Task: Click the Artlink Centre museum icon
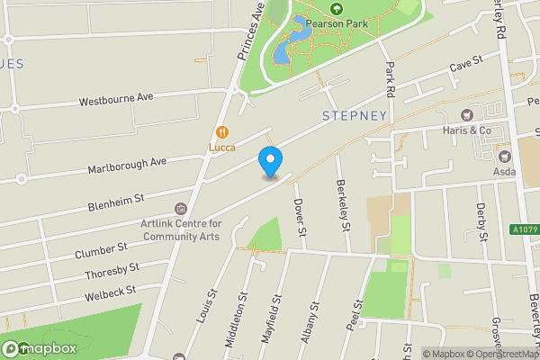pos(180,209)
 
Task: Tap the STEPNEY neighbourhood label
pos(354,116)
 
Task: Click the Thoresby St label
pos(112,270)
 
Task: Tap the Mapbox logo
pos(38,348)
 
